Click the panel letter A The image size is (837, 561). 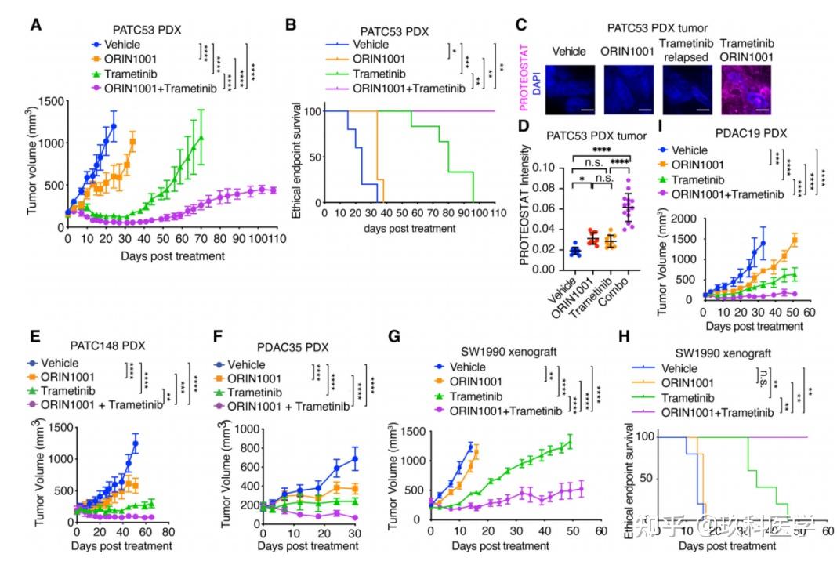(x=36, y=25)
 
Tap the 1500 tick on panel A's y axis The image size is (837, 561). (x=49, y=101)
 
